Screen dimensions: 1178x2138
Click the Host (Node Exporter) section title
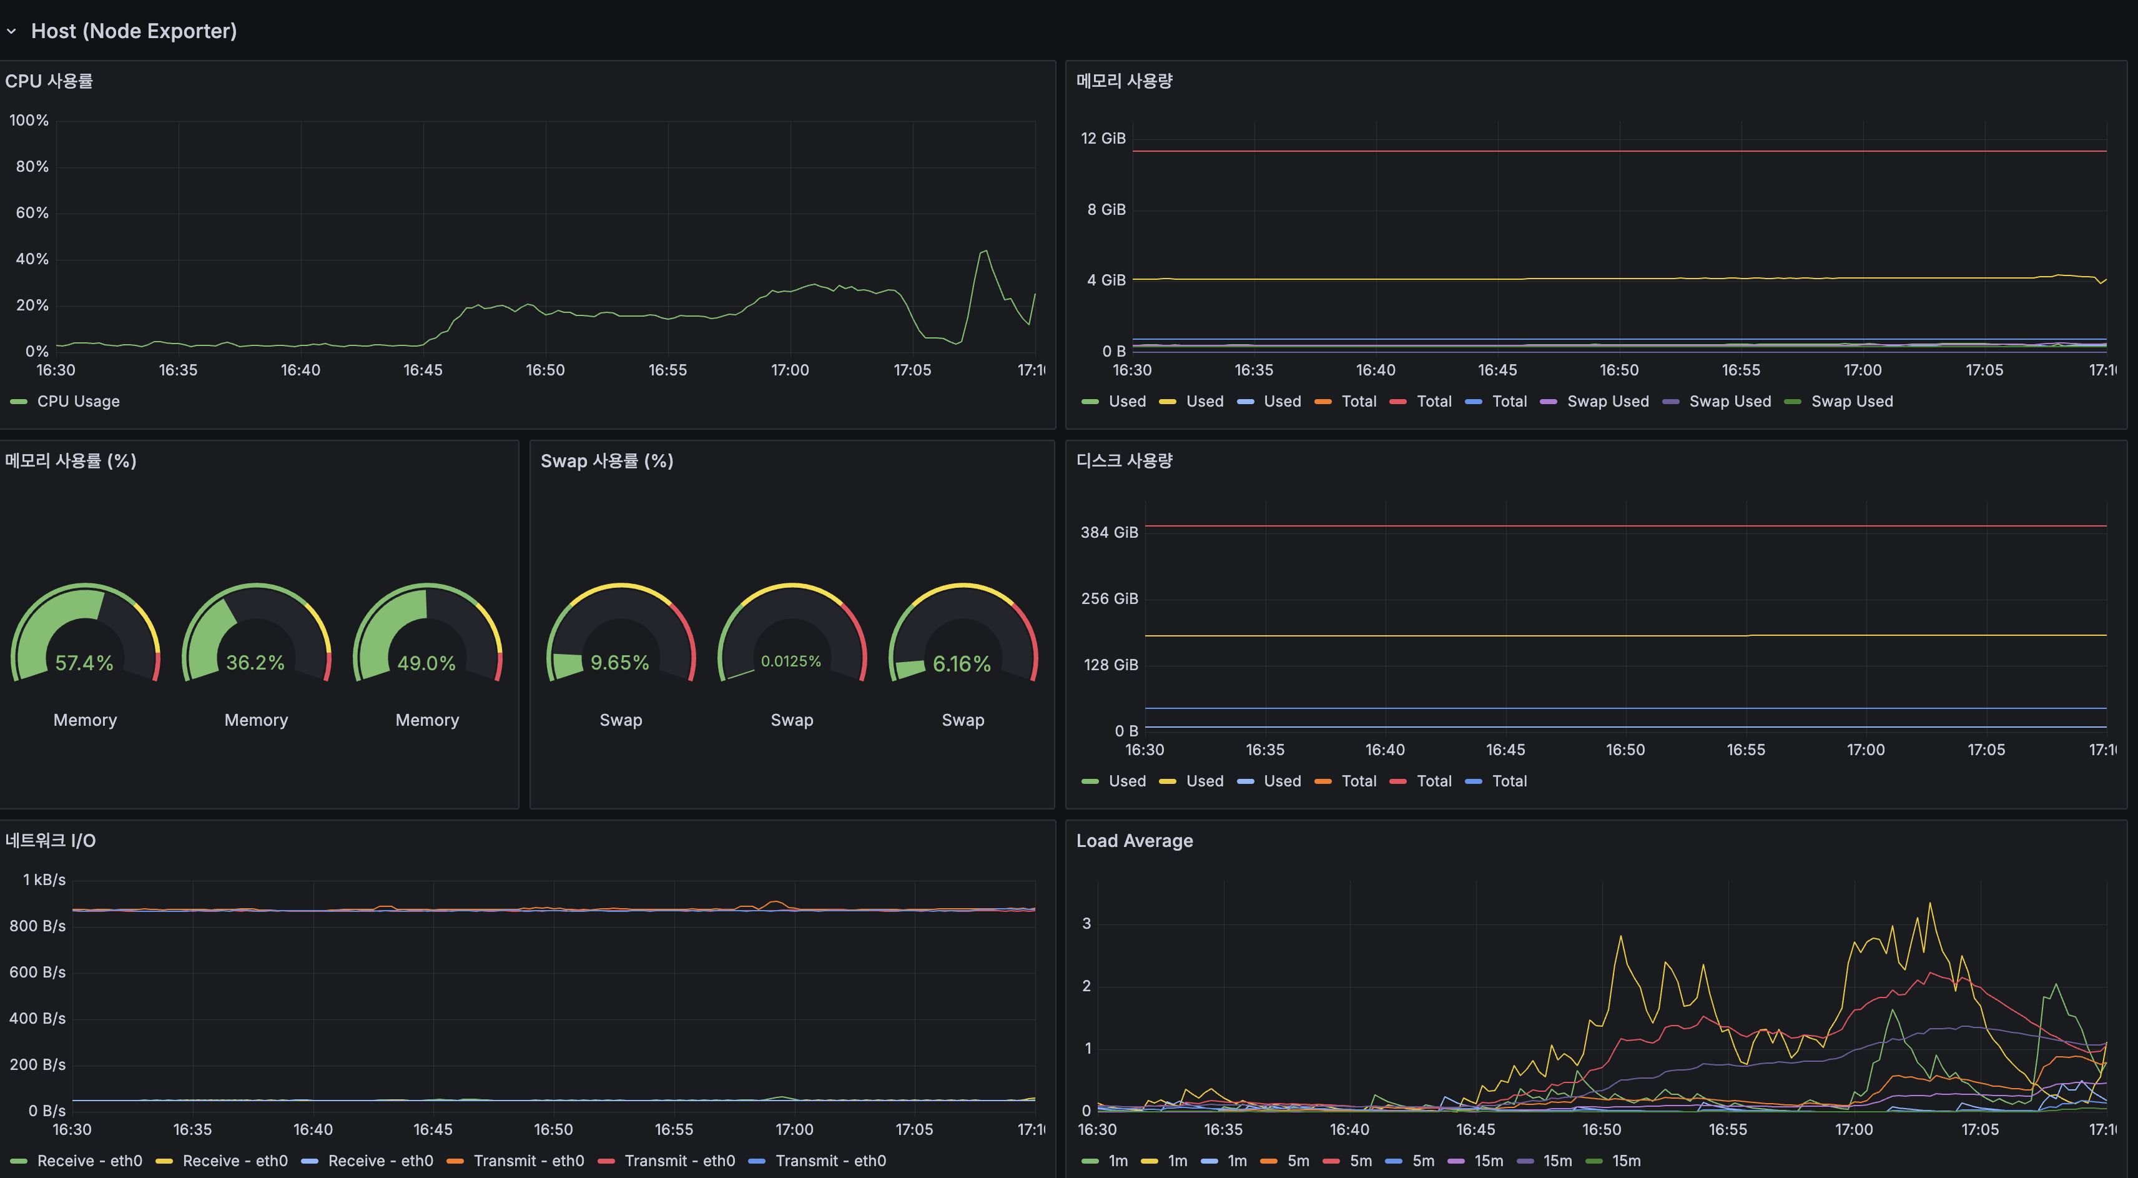(x=134, y=31)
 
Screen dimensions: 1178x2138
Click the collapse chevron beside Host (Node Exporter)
(x=12, y=32)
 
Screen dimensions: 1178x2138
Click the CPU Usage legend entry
(x=78, y=401)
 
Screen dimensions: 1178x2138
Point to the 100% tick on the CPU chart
(x=29, y=121)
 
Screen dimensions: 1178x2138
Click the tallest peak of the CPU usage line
(x=984, y=250)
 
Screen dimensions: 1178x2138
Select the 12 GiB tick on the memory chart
(x=1102, y=138)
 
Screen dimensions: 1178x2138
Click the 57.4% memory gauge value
(x=84, y=663)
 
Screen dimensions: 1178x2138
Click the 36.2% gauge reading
(x=255, y=663)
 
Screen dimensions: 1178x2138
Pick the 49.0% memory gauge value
(x=426, y=663)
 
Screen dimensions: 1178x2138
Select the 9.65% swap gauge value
(x=619, y=663)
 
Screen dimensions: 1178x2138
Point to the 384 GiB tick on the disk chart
(x=1109, y=532)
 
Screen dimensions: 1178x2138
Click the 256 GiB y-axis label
(x=1109, y=598)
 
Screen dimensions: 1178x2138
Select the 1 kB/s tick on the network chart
(x=44, y=879)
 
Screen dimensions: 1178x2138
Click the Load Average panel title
(x=1134, y=840)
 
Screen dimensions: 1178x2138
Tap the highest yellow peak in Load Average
(x=1929, y=904)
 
